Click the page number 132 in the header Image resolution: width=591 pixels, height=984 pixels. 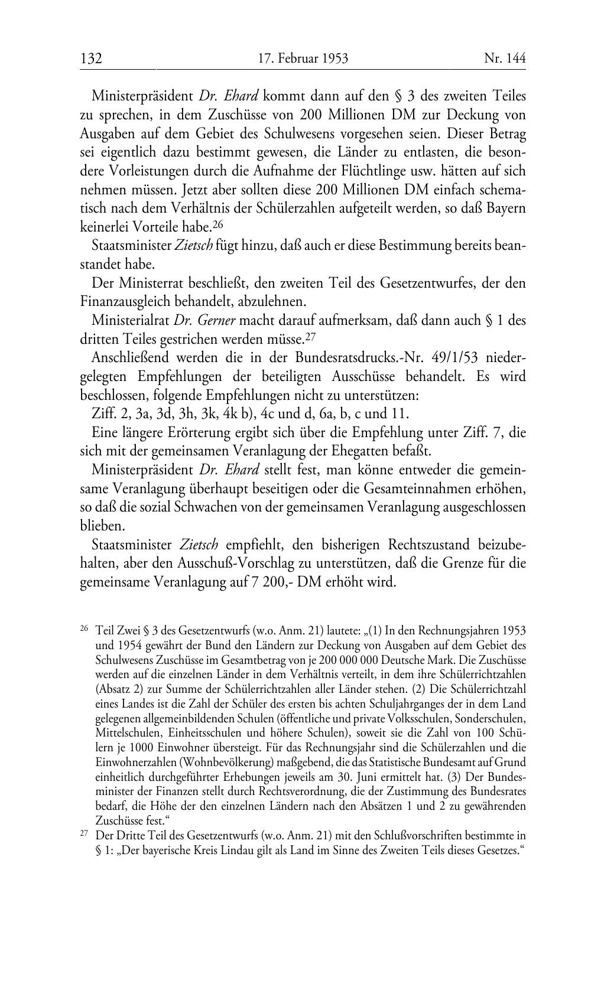coord(92,58)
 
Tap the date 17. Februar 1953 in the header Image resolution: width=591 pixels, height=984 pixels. coord(303,58)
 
